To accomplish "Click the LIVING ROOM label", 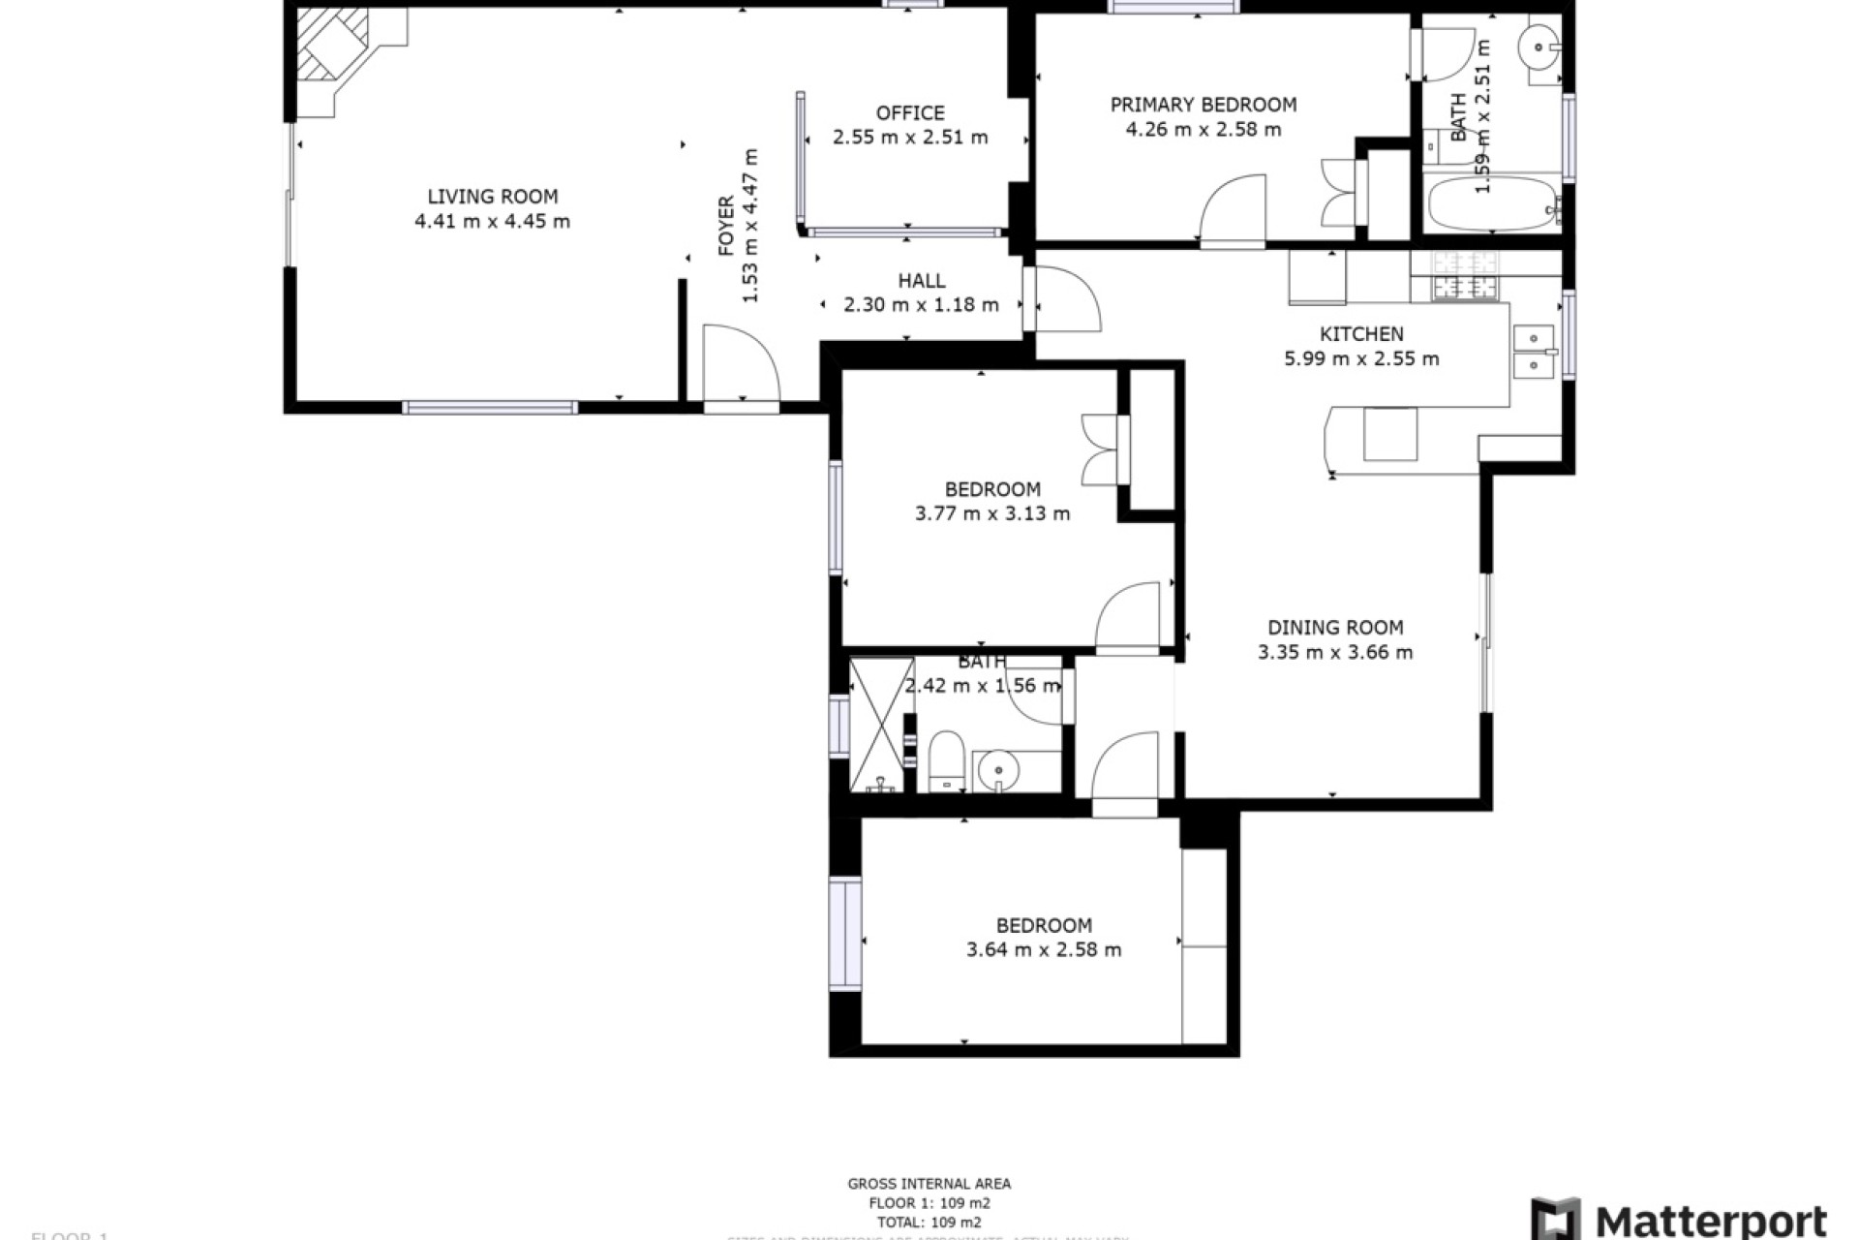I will (493, 197).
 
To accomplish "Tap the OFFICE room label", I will (910, 113).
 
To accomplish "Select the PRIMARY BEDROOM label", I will (1203, 105).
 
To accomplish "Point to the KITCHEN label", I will (1361, 334).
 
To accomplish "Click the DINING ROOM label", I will (1335, 628).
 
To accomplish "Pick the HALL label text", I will (921, 281).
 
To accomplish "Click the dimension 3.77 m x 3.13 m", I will (992, 513).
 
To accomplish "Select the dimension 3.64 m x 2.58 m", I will (1044, 949).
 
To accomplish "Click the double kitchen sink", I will (1534, 351).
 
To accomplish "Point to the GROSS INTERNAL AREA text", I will (929, 1183).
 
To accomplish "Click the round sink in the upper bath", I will (1539, 45).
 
